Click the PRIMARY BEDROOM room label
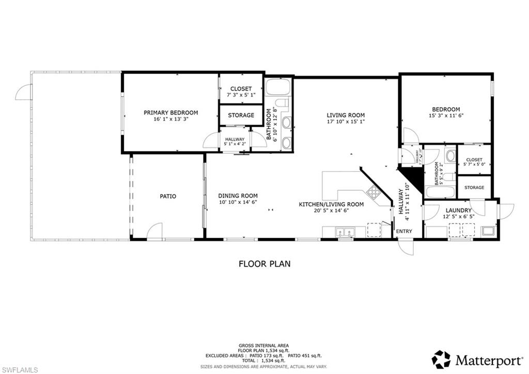tap(170, 112)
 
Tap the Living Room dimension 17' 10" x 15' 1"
tap(346, 122)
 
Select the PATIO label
tap(167, 196)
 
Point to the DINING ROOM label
tap(238, 196)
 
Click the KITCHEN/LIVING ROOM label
tap(331, 204)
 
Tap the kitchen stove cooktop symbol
tap(374, 192)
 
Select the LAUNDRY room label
tap(458, 210)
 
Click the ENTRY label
tap(404, 231)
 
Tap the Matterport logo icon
tap(441, 359)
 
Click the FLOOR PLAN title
tap(264, 264)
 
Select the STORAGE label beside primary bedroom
tap(241, 115)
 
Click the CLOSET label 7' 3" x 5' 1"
tap(241, 89)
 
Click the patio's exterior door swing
tap(154, 231)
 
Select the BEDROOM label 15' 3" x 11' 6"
tap(446, 109)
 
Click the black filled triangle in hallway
tap(414, 177)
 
